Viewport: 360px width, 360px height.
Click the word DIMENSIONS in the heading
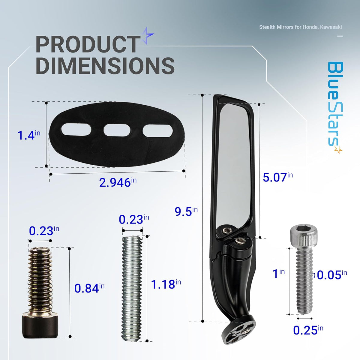[105, 66]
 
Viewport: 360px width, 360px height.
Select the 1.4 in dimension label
[28, 135]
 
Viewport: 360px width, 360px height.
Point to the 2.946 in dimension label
[118, 182]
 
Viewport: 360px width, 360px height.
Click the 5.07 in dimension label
[277, 177]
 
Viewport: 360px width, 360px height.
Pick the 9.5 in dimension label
[186, 211]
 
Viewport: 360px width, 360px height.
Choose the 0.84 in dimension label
[89, 288]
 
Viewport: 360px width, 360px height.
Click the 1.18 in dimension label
[166, 284]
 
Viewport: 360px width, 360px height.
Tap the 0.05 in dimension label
[332, 275]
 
